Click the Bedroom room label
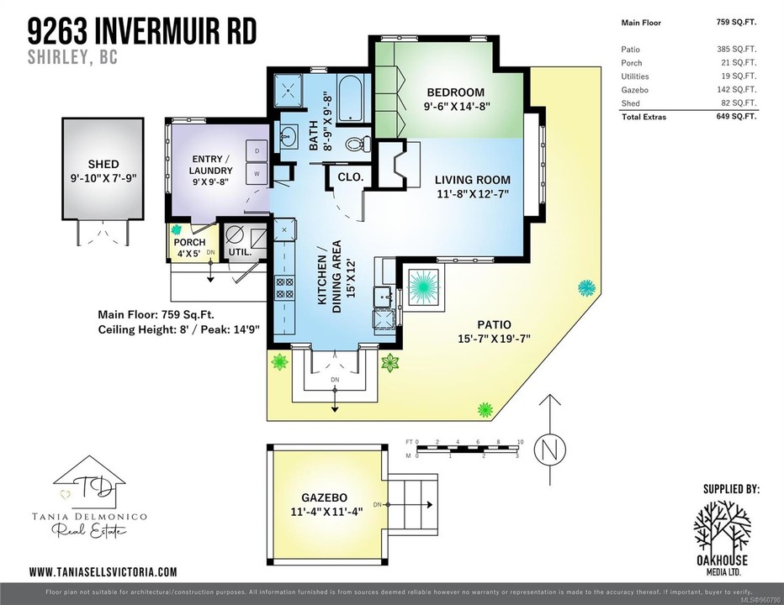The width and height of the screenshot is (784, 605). pyautogui.click(x=455, y=92)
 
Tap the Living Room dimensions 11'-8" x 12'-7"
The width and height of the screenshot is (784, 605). pyautogui.click(x=472, y=194)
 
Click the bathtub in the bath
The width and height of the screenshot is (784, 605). pyautogui.click(x=348, y=97)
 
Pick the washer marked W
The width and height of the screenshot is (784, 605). pyautogui.click(x=257, y=174)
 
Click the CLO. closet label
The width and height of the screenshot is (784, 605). pyautogui.click(x=351, y=177)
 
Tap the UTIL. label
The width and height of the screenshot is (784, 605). pyautogui.click(x=240, y=251)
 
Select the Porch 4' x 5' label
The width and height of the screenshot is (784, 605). pyautogui.click(x=189, y=248)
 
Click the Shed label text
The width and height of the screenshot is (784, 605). pyautogui.click(x=103, y=164)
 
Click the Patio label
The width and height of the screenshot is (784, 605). pyautogui.click(x=494, y=325)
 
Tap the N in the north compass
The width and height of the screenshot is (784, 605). pyautogui.click(x=550, y=450)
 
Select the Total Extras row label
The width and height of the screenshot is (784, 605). pyautogui.click(x=644, y=117)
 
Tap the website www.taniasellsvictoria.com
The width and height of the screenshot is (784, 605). pyautogui.click(x=103, y=571)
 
